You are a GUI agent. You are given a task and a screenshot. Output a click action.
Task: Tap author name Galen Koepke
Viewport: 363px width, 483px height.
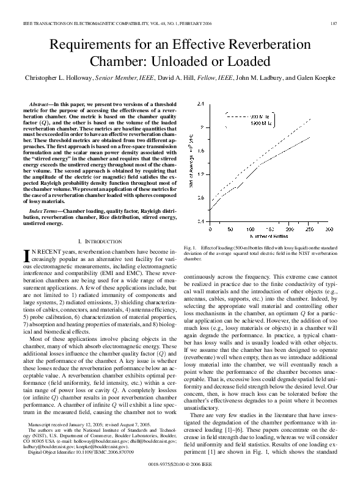pos(317,78)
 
